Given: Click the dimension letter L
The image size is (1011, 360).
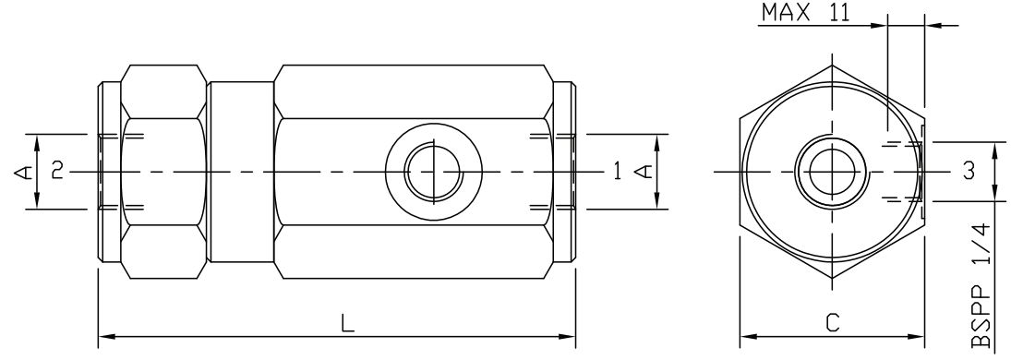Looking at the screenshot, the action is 347,322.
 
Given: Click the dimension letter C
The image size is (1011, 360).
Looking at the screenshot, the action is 833,322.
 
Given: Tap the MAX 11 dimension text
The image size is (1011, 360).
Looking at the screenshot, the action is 805,12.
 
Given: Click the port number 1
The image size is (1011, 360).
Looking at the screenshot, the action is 617,171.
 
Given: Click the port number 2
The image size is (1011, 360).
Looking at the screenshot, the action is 57,171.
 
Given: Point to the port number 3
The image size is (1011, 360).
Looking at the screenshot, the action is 969,171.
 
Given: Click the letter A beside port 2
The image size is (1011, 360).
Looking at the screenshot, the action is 22,172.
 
